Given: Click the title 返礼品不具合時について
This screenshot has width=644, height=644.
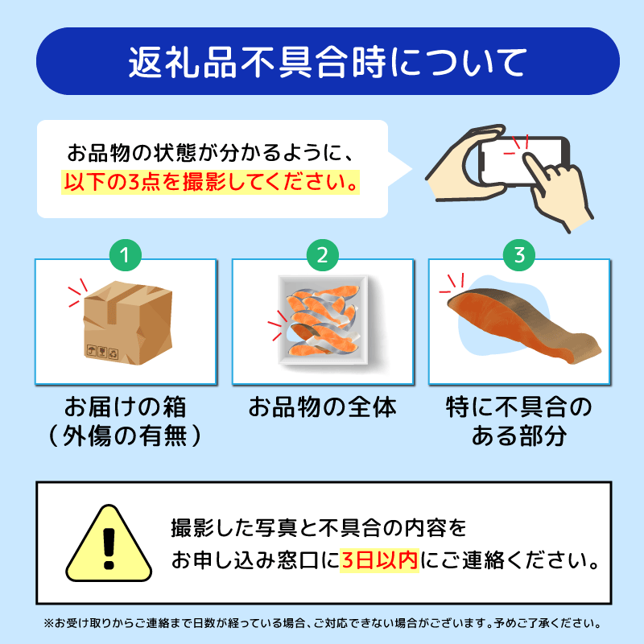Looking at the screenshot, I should [x=322, y=62].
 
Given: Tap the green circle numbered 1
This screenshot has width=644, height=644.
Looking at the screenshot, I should [x=125, y=255].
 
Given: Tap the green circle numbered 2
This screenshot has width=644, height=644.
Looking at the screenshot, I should [x=322, y=255].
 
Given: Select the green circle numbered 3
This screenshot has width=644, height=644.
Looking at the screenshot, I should [x=519, y=255].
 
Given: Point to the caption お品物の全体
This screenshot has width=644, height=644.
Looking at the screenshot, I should [x=322, y=407].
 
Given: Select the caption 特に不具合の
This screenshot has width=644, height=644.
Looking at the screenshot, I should [x=519, y=407].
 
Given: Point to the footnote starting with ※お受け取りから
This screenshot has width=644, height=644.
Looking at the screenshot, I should [x=322, y=623].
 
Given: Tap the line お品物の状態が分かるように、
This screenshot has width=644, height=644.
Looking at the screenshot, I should [x=211, y=151].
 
